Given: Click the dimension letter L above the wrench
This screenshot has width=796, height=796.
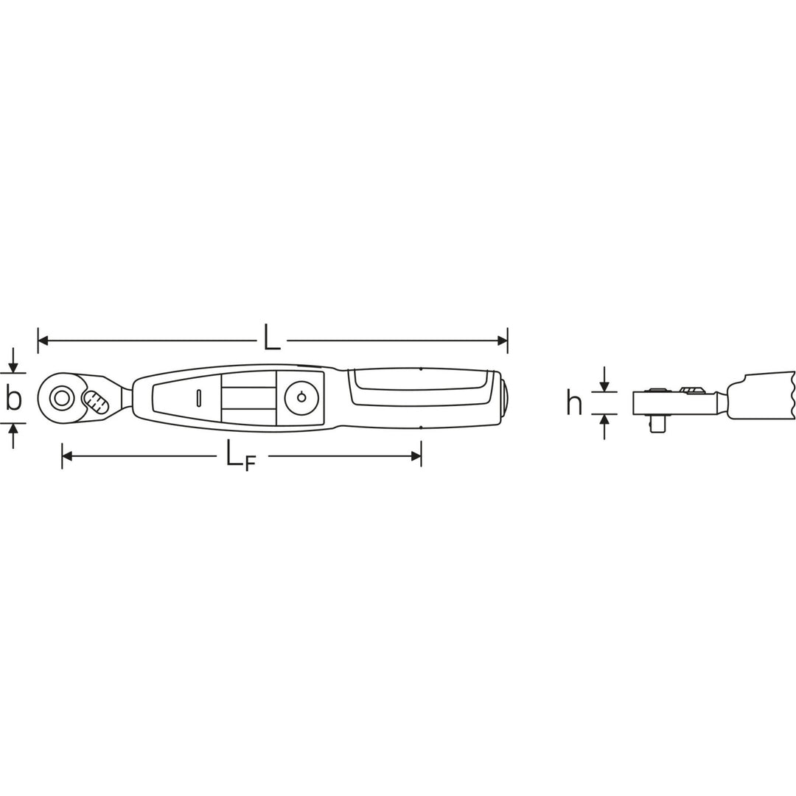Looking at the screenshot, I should [x=272, y=340].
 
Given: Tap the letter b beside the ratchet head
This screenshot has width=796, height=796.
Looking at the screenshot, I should [x=13, y=398].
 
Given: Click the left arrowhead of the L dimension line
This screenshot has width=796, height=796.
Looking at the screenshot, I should [x=43, y=341].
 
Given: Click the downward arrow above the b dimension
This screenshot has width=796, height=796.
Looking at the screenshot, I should [x=13, y=367].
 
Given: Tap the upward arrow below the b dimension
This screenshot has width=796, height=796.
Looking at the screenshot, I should [x=13, y=429].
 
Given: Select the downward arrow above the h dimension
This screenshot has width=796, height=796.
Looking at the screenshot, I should [x=604, y=386].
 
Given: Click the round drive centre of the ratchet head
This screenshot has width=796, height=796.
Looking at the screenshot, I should [x=60, y=398].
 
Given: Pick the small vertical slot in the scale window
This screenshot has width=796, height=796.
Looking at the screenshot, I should [x=199, y=398].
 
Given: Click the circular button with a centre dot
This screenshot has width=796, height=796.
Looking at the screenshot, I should [x=301, y=398].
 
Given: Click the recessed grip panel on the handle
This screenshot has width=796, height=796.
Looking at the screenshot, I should [x=420, y=388].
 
